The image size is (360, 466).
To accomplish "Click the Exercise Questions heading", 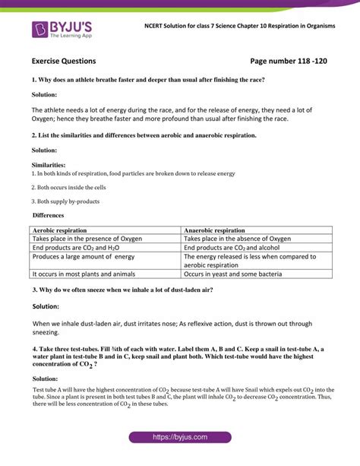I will click(x=64, y=60).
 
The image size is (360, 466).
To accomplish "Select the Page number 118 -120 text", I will click(x=292, y=60).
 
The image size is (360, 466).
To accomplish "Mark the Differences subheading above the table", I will click(x=50, y=216).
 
